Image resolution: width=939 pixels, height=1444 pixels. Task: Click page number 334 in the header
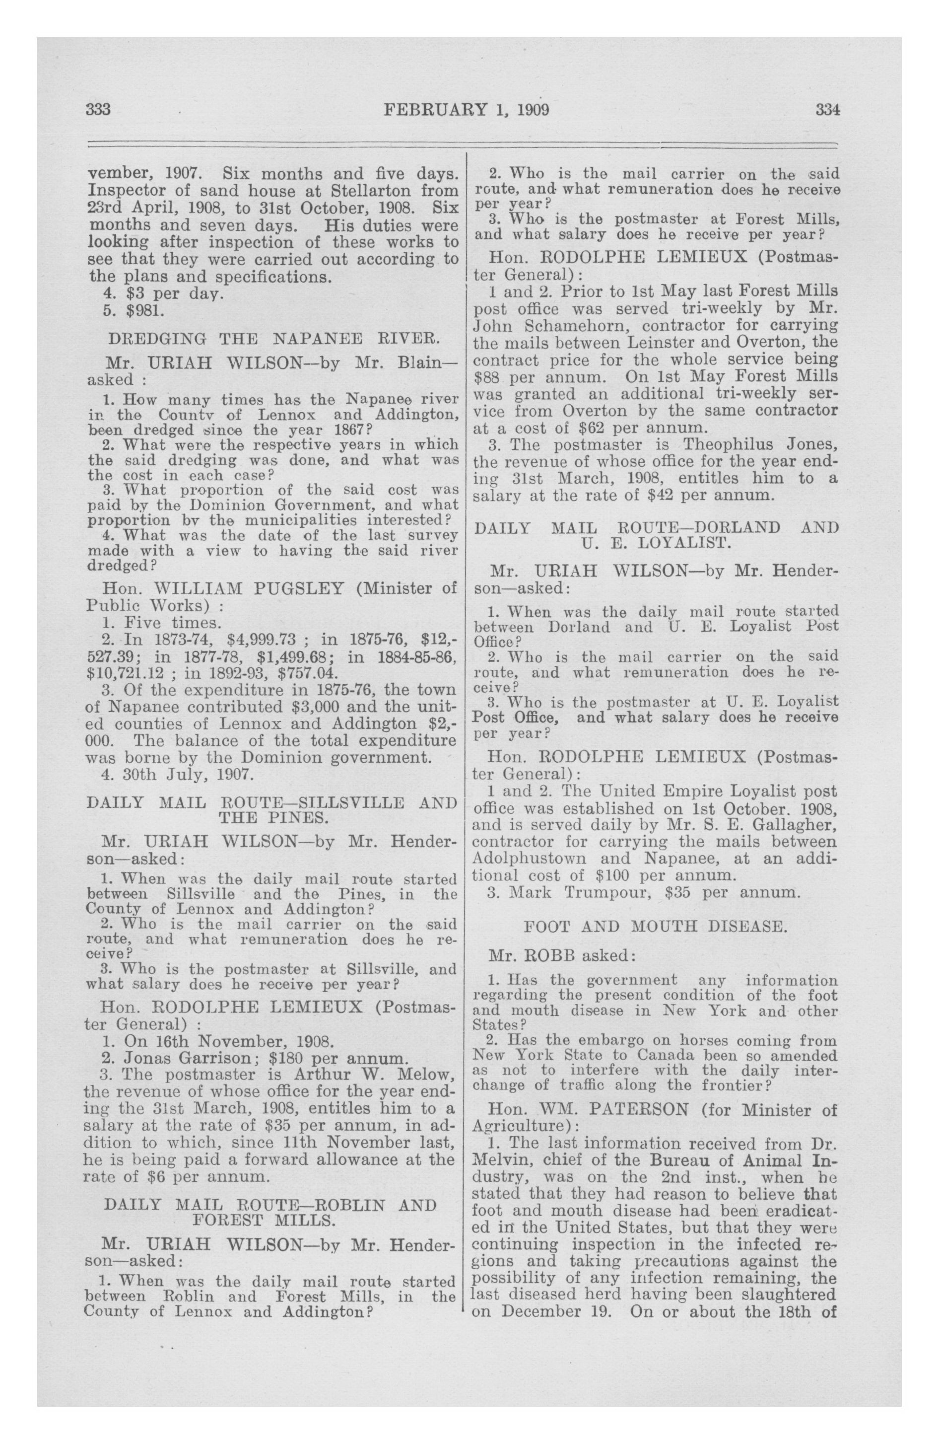click(827, 110)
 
